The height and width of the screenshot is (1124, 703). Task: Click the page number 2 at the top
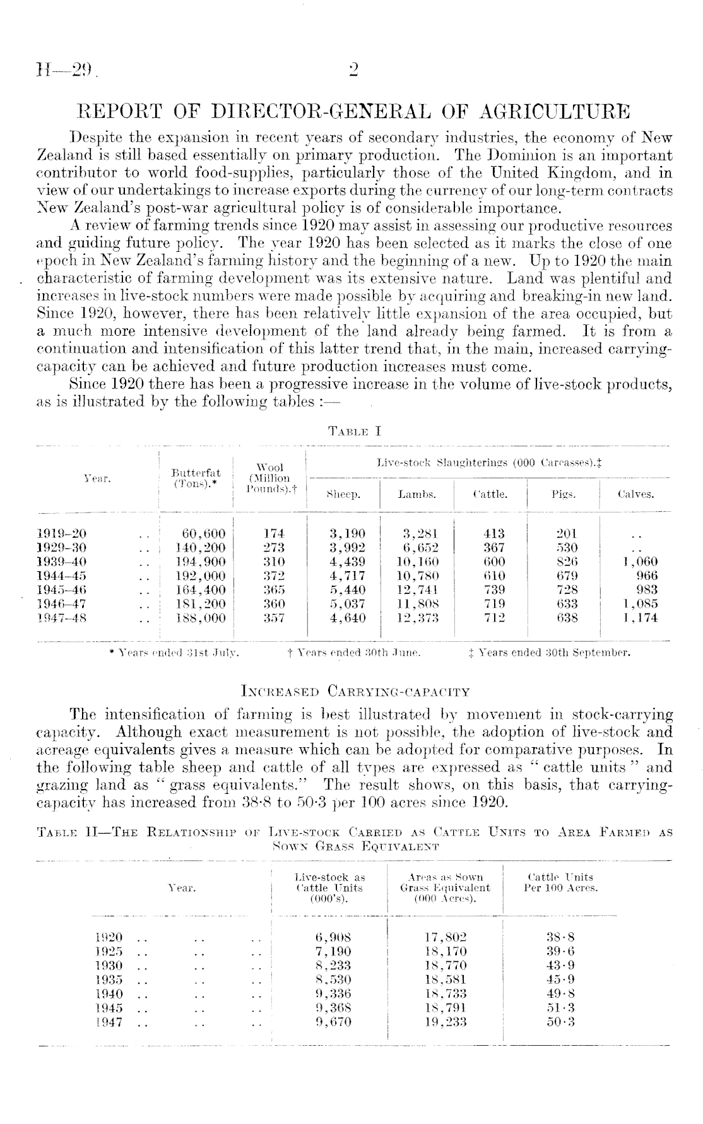[353, 69]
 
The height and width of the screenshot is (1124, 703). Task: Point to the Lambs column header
[416, 495]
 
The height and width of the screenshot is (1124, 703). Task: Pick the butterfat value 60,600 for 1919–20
[203, 533]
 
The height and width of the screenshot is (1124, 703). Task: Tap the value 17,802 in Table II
[445, 937]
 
